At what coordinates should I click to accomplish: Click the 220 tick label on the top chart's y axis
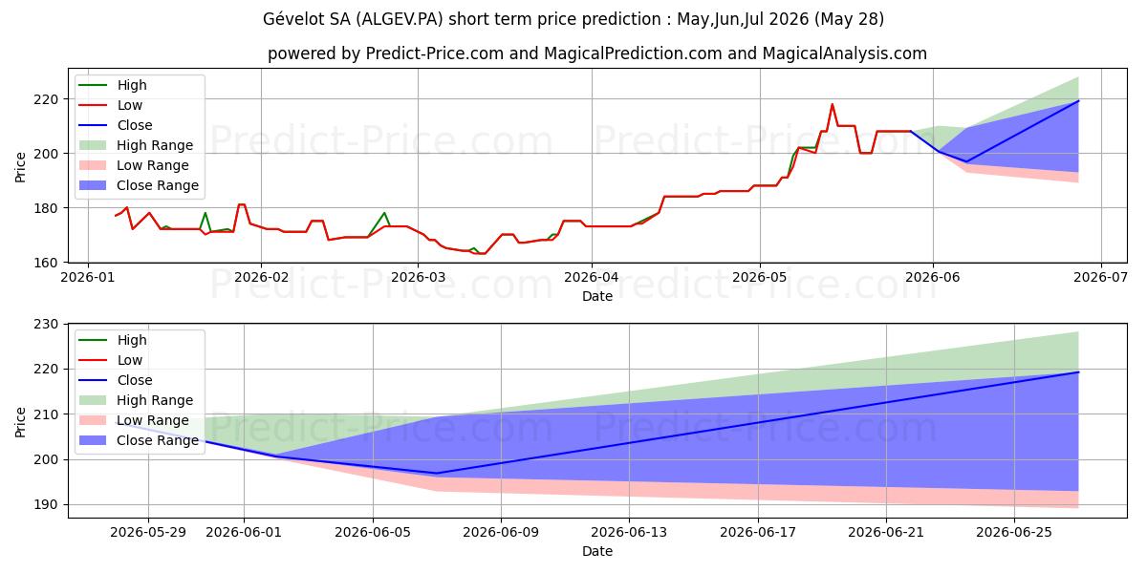pyautogui.click(x=46, y=99)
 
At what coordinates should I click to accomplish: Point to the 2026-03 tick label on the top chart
pyautogui.click(x=418, y=277)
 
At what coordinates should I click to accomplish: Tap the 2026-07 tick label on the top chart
pyautogui.click(x=1100, y=277)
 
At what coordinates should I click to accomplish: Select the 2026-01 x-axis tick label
pyautogui.click(x=88, y=277)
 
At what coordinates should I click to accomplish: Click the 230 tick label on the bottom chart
pyautogui.click(x=46, y=325)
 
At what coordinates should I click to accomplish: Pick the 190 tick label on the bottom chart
pyautogui.click(x=46, y=504)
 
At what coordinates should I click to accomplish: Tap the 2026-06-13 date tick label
pyautogui.click(x=629, y=533)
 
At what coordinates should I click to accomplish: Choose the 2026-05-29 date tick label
pyautogui.click(x=148, y=533)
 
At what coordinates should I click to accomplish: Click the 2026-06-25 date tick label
pyautogui.click(x=1014, y=533)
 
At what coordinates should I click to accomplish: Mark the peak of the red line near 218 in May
pyautogui.click(x=833, y=104)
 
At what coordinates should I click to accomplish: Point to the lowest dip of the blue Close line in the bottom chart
pyautogui.click(x=436, y=474)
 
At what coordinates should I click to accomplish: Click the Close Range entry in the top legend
pyautogui.click(x=139, y=185)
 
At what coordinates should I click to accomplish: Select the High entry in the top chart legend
pyautogui.click(x=113, y=85)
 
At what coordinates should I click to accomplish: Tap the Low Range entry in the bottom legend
pyautogui.click(x=134, y=420)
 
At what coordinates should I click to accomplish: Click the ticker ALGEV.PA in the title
pyautogui.click(x=399, y=19)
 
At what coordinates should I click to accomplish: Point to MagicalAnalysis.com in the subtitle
pyautogui.click(x=844, y=53)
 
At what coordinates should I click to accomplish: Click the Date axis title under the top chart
pyautogui.click(x=597, y=296)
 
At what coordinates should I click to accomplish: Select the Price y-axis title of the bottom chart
pyautogui.click(x=20, y=422)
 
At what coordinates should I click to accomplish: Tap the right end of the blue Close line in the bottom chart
pyautogui.click(x=1078, y=371)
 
